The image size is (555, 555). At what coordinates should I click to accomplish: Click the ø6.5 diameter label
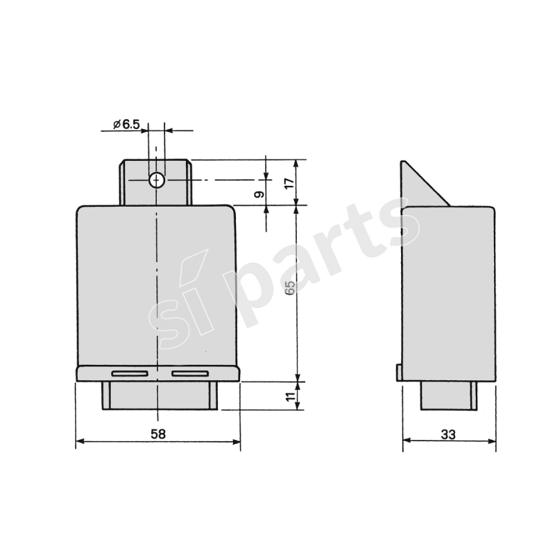pos(126,124)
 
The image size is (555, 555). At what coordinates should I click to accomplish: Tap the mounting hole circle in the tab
pos(156,180)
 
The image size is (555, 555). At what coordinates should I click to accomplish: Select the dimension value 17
pos(290,182)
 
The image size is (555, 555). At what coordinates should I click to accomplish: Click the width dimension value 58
pos(158,434)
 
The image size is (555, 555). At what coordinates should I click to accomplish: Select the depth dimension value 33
pos(448,434)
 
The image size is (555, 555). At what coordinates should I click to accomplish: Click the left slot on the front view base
pos(128,374)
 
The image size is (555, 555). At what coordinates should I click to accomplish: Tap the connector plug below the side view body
pos(448,395)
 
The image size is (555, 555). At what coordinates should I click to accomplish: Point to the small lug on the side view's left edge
pos(399,373)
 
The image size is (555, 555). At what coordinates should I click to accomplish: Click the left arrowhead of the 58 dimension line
pos(79,441)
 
